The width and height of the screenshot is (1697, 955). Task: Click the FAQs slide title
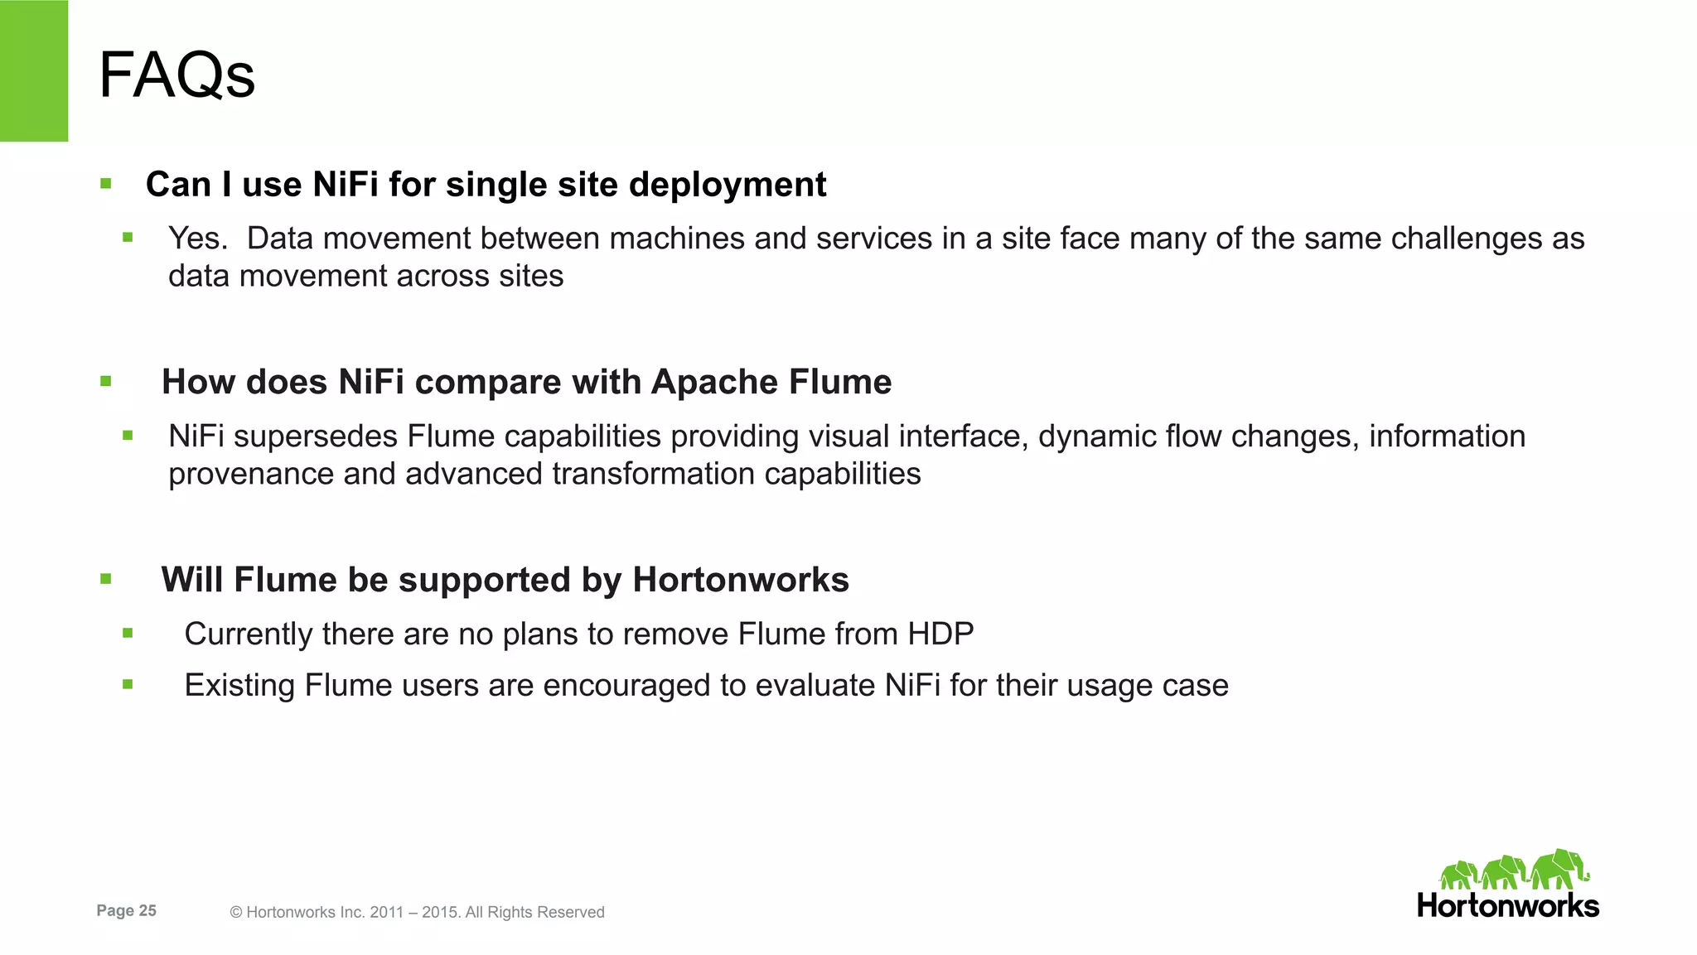[x=176, y=75]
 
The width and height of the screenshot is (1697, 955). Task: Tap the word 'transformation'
[x=653, y=475]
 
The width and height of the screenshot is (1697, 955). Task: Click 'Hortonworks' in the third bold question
[x=740, y=580]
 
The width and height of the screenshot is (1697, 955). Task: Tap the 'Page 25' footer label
[x=126, y=911]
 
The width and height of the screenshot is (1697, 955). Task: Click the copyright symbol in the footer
[x=236, y=913]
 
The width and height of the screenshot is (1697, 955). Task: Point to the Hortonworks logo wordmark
[x=1508, y=906]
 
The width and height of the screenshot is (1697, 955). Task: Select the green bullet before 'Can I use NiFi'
[x=105, y=184]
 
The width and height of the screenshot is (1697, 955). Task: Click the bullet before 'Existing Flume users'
[x=128, y=685]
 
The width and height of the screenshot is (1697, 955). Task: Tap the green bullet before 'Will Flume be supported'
[x=105, y=580]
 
